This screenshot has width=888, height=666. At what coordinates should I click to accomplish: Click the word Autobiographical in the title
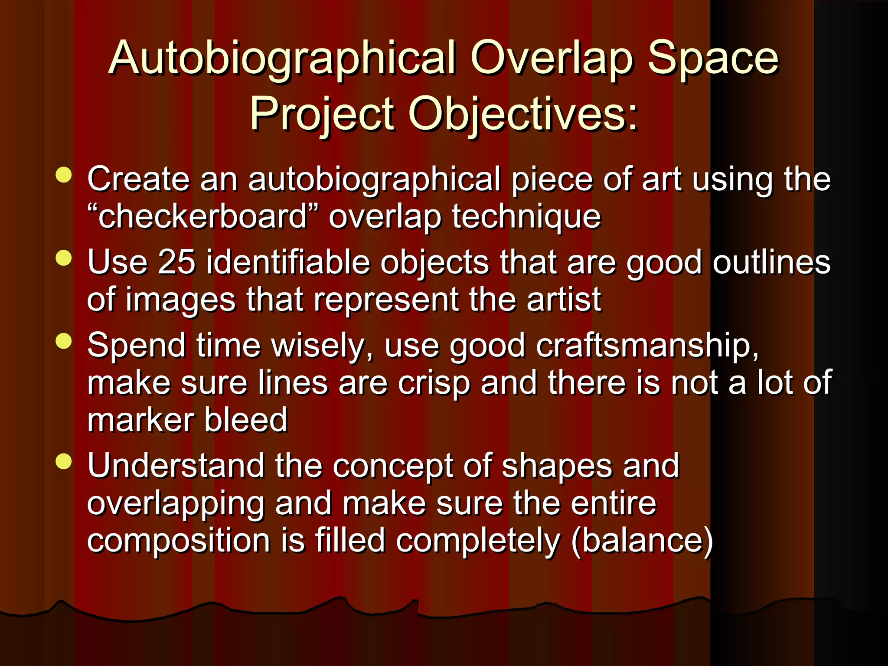tap(282, 59)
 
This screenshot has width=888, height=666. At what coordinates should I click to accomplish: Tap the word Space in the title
tap(713, 59)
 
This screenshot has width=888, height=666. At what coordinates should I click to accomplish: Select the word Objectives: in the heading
tap(523, 114)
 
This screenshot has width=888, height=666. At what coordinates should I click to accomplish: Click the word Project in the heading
tap(322, 114)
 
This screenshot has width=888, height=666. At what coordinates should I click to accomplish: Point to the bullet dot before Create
tap(64, 175)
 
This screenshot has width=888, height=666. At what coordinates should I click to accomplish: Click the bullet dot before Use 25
tap(64, 258)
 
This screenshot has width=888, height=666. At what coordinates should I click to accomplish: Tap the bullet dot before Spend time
tap(64, 341)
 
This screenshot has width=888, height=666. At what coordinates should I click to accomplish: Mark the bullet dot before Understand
tap(64, 461)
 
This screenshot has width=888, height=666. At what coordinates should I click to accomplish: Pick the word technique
tap(526, 216)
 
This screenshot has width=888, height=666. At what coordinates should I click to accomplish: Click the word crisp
tap(434, 383)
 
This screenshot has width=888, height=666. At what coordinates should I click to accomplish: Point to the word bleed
tap(245, 420)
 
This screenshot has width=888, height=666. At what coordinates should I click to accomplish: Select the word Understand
tap(176, 466)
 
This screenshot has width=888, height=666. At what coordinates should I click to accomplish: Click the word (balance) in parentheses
tap(642, 541)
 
